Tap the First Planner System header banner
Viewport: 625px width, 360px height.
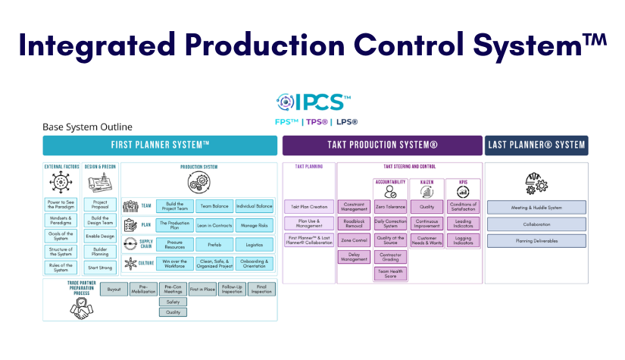pyautogui.click(x=160, y=145)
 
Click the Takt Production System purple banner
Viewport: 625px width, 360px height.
pyautogui.click(x=382, y=145)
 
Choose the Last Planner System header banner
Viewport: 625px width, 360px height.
pyautogui.click(x=535, y=145)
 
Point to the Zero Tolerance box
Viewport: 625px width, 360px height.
pyautogui.click(x=390, y=206)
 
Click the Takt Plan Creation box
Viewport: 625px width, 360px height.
pyautogui.click(x=308, y=206)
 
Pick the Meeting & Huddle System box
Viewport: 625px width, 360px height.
pyautogui.click(x=536, y=206)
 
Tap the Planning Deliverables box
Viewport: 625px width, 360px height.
pyautogui.click(x=536, y=241)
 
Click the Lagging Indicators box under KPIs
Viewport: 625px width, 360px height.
pyautogui.click(x=462, y=240)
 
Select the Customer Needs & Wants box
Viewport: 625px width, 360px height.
pyautogui.click(x=427, y=240)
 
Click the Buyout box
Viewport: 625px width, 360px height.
pyautogui.click(x=114, y=290)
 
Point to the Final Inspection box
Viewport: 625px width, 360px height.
pyautogui.click(x=261, y=290)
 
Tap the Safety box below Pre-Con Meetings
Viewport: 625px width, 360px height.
pyautogui.click(x=173, y=302)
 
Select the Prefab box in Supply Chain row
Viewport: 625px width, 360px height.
pyautogui.click(x=214, y=245)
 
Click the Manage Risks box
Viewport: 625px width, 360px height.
pyautogui.click(x=254, y=225)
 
